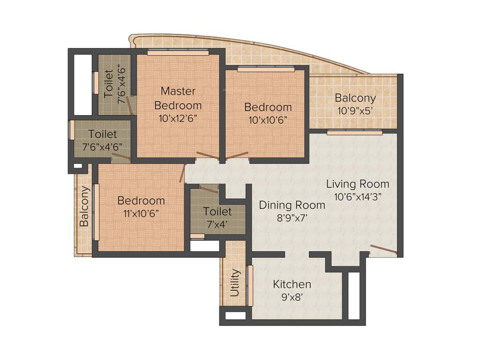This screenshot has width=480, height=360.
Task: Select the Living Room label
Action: click(358, 184)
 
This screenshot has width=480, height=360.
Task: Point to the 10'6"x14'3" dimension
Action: click(358, 197)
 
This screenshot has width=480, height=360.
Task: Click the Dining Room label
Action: click(292, 205)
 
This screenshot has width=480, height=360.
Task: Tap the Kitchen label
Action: click(292, 284)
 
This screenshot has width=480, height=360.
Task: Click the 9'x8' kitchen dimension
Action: click(292, 296)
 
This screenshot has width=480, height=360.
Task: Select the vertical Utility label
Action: click(235, 283)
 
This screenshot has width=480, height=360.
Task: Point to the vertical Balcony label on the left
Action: click(84, 206)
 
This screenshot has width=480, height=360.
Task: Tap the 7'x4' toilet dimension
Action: click(217, 224)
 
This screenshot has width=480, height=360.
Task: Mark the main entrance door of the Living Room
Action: click(383, 249)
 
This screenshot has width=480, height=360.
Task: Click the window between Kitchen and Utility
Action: click(250, 285)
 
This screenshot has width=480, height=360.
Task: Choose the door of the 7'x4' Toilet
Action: click(209, 188)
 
